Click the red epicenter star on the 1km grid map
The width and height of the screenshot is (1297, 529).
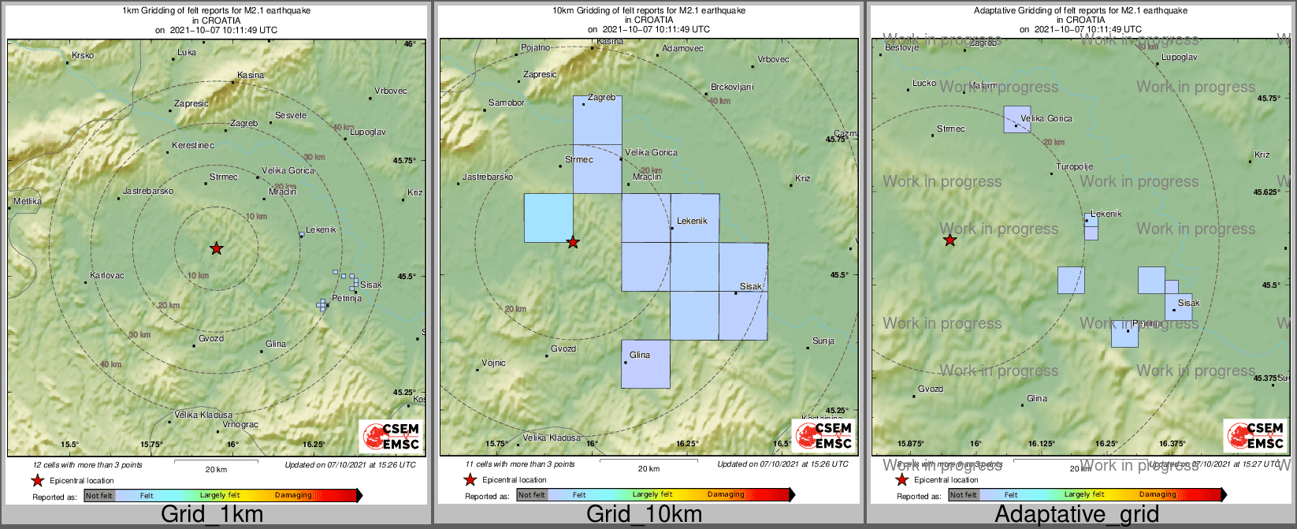coord(217,249)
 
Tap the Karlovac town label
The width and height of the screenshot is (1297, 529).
coord(107,276)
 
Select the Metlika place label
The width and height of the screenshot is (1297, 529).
coord(28,202)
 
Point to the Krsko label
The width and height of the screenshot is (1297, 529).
coord(83,56)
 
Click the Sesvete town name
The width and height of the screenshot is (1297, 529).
coord(291,116)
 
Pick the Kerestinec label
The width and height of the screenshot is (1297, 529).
coord(193,146)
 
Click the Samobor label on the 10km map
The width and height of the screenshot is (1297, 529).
coord(507,103)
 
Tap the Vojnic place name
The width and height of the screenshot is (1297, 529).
coord(494,363)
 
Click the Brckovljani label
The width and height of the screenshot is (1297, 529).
coord(732,88)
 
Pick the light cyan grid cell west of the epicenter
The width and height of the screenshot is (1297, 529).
coord(548,218)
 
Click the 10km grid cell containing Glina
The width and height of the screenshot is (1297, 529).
coord(645,364)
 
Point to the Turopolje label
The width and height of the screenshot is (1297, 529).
coord(1075,167)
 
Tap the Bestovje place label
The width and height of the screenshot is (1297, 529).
coord(902,48)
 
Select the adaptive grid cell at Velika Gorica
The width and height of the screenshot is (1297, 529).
coord(1016,120)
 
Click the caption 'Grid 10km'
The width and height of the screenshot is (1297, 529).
coord(644,515)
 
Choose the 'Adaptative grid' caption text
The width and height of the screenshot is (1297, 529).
coord(1076,515)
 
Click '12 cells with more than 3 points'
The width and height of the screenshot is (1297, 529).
coord(88,465)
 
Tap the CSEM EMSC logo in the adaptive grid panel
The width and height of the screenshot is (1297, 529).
coord(1254,436)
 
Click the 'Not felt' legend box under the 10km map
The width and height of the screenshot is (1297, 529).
coord(531,495)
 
